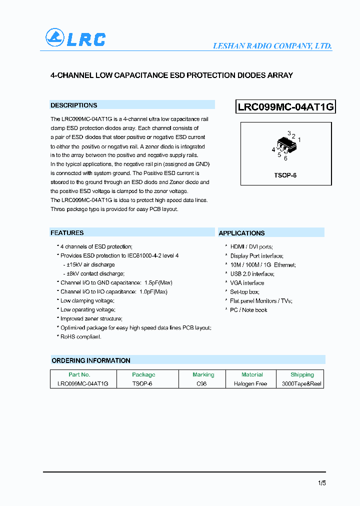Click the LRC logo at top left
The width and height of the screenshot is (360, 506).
coord(75,38)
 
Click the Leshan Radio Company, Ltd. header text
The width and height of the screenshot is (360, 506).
coord(272,46)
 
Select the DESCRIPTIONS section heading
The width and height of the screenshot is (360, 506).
coord(73,105)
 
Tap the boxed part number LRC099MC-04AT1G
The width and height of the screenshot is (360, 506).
coord(285,107)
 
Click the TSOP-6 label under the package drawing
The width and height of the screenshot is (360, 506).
coord(285,176)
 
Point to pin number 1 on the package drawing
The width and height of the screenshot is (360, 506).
coord(299,140)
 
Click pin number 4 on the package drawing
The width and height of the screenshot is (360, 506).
coord(273,149)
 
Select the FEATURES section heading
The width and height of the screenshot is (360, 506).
coord(67,233)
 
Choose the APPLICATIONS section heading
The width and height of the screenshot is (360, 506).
coord(241,233)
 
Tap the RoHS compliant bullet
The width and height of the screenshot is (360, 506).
coord(80,337)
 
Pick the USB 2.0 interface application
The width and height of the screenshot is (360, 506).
coord(252,274)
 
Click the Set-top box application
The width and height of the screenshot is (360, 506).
coord(244,292)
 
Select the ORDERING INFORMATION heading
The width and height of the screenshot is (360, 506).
coord(91,360)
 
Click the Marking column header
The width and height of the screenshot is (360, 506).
coord(203,374)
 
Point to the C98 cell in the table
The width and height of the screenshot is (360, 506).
coord(201,384)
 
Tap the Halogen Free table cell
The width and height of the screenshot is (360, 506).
coord(250,384)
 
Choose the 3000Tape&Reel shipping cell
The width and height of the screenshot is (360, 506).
coord(301,384)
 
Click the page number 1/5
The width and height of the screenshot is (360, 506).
coord(321,483)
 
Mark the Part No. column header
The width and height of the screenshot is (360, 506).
coord(79,374)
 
